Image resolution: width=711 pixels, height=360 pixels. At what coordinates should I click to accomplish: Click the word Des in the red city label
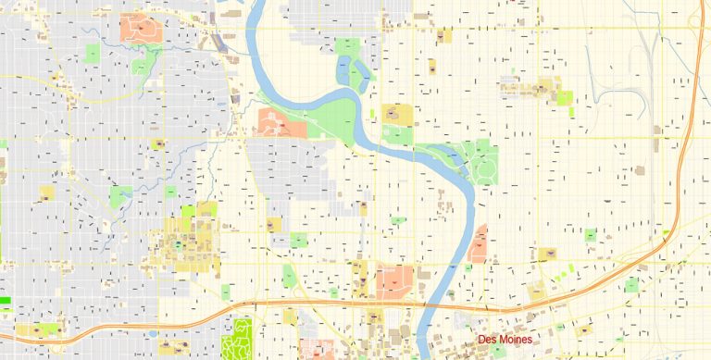click(487, 341)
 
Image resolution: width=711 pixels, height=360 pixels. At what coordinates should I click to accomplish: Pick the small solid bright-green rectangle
click(6, 301)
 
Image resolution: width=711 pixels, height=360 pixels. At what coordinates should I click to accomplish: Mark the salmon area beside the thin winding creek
click(141, 27)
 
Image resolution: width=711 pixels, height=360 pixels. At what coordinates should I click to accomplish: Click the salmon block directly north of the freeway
click(395, 279)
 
